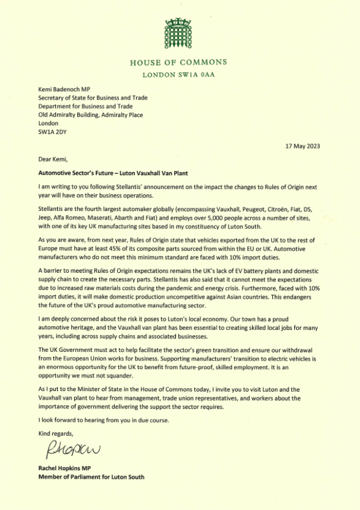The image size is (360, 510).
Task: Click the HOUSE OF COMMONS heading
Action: click(179, 62)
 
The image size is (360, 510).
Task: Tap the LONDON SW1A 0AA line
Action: click(179, 75)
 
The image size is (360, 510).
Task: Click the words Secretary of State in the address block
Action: click(62, 97)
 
